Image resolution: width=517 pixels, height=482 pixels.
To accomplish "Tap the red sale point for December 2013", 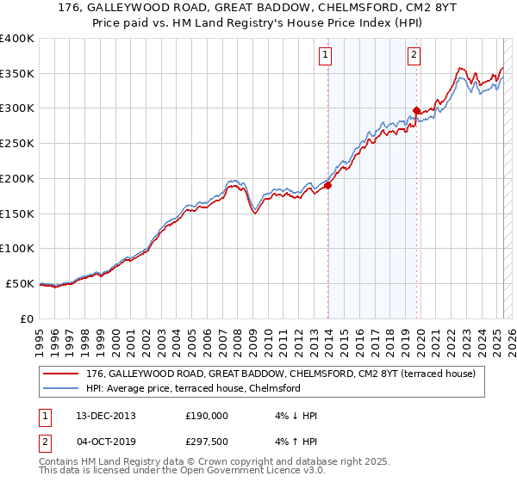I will coord(328,185).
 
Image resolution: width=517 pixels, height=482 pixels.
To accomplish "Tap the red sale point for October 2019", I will coord(416,110).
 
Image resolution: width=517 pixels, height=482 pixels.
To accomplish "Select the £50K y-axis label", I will coord(20,283).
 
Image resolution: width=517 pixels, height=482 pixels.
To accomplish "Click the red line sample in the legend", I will coord(61,374).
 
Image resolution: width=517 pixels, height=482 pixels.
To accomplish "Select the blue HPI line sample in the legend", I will coord(61,388).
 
